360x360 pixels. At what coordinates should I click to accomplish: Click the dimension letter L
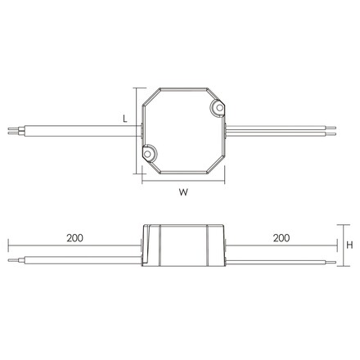click(x=124, y=119)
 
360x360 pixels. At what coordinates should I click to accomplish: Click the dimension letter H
click(x=349, y=245)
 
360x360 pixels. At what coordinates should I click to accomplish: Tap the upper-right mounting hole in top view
click(x=219, y=107)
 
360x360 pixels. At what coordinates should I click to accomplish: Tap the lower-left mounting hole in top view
click(x=149, y=151)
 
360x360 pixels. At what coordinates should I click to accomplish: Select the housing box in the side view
click(x=184, y=245)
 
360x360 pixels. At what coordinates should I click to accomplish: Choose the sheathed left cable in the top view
click(x=82, y=128)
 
